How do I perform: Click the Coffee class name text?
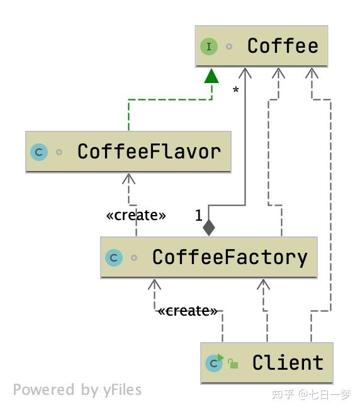coord(283,46)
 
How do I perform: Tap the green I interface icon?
coord(209,47)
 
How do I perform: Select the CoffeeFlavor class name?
coord(149,152)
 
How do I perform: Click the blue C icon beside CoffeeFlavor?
coord(39,152)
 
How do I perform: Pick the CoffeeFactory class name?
coord(230,258)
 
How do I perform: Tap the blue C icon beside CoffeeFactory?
coord(114,258)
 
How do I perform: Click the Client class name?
coord(288,363)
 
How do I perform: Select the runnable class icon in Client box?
coord(215,363)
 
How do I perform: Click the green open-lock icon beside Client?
coord(233,363)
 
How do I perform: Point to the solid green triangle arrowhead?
coord(211,76)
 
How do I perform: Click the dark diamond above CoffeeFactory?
coord(209,228)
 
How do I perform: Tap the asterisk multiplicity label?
coord(236,90)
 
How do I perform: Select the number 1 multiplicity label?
coord(199,216)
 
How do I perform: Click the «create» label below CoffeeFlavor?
coord(136,216)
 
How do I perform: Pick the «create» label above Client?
coord(188,311)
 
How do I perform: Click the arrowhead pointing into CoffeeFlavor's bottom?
coord(129,179)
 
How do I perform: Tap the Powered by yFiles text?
coord(77,390)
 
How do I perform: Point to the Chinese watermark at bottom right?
coord(312,394)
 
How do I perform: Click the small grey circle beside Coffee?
coord(229,47)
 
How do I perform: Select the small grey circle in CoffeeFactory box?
coord(134,258)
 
